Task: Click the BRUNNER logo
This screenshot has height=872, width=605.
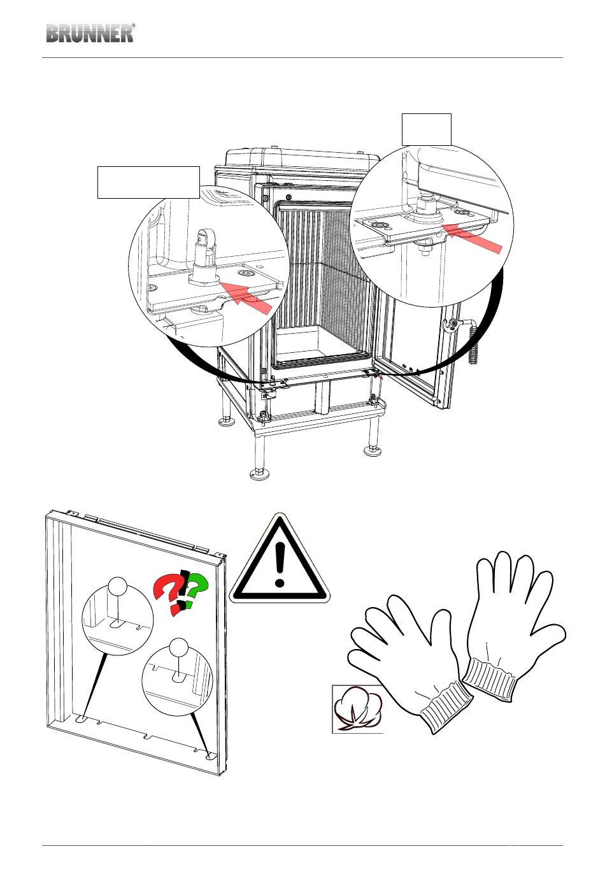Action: [90, 33]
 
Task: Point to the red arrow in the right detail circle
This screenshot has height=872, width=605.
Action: [473, 238]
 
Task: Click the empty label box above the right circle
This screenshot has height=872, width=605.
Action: [426, 130]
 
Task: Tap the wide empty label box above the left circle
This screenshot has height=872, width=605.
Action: [148, 182]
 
